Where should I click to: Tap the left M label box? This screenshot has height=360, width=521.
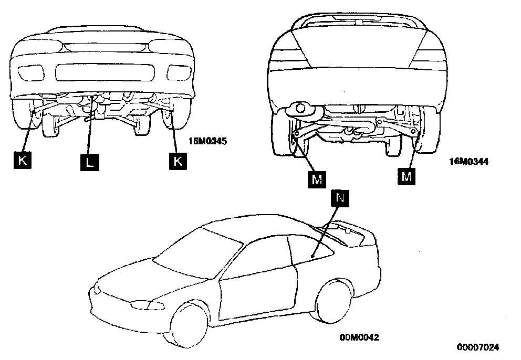point(317,179)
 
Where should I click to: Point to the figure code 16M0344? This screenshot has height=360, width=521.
point(469,162)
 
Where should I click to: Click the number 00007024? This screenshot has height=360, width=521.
point(478,347)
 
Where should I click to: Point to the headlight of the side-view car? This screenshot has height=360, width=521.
point(140,304)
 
